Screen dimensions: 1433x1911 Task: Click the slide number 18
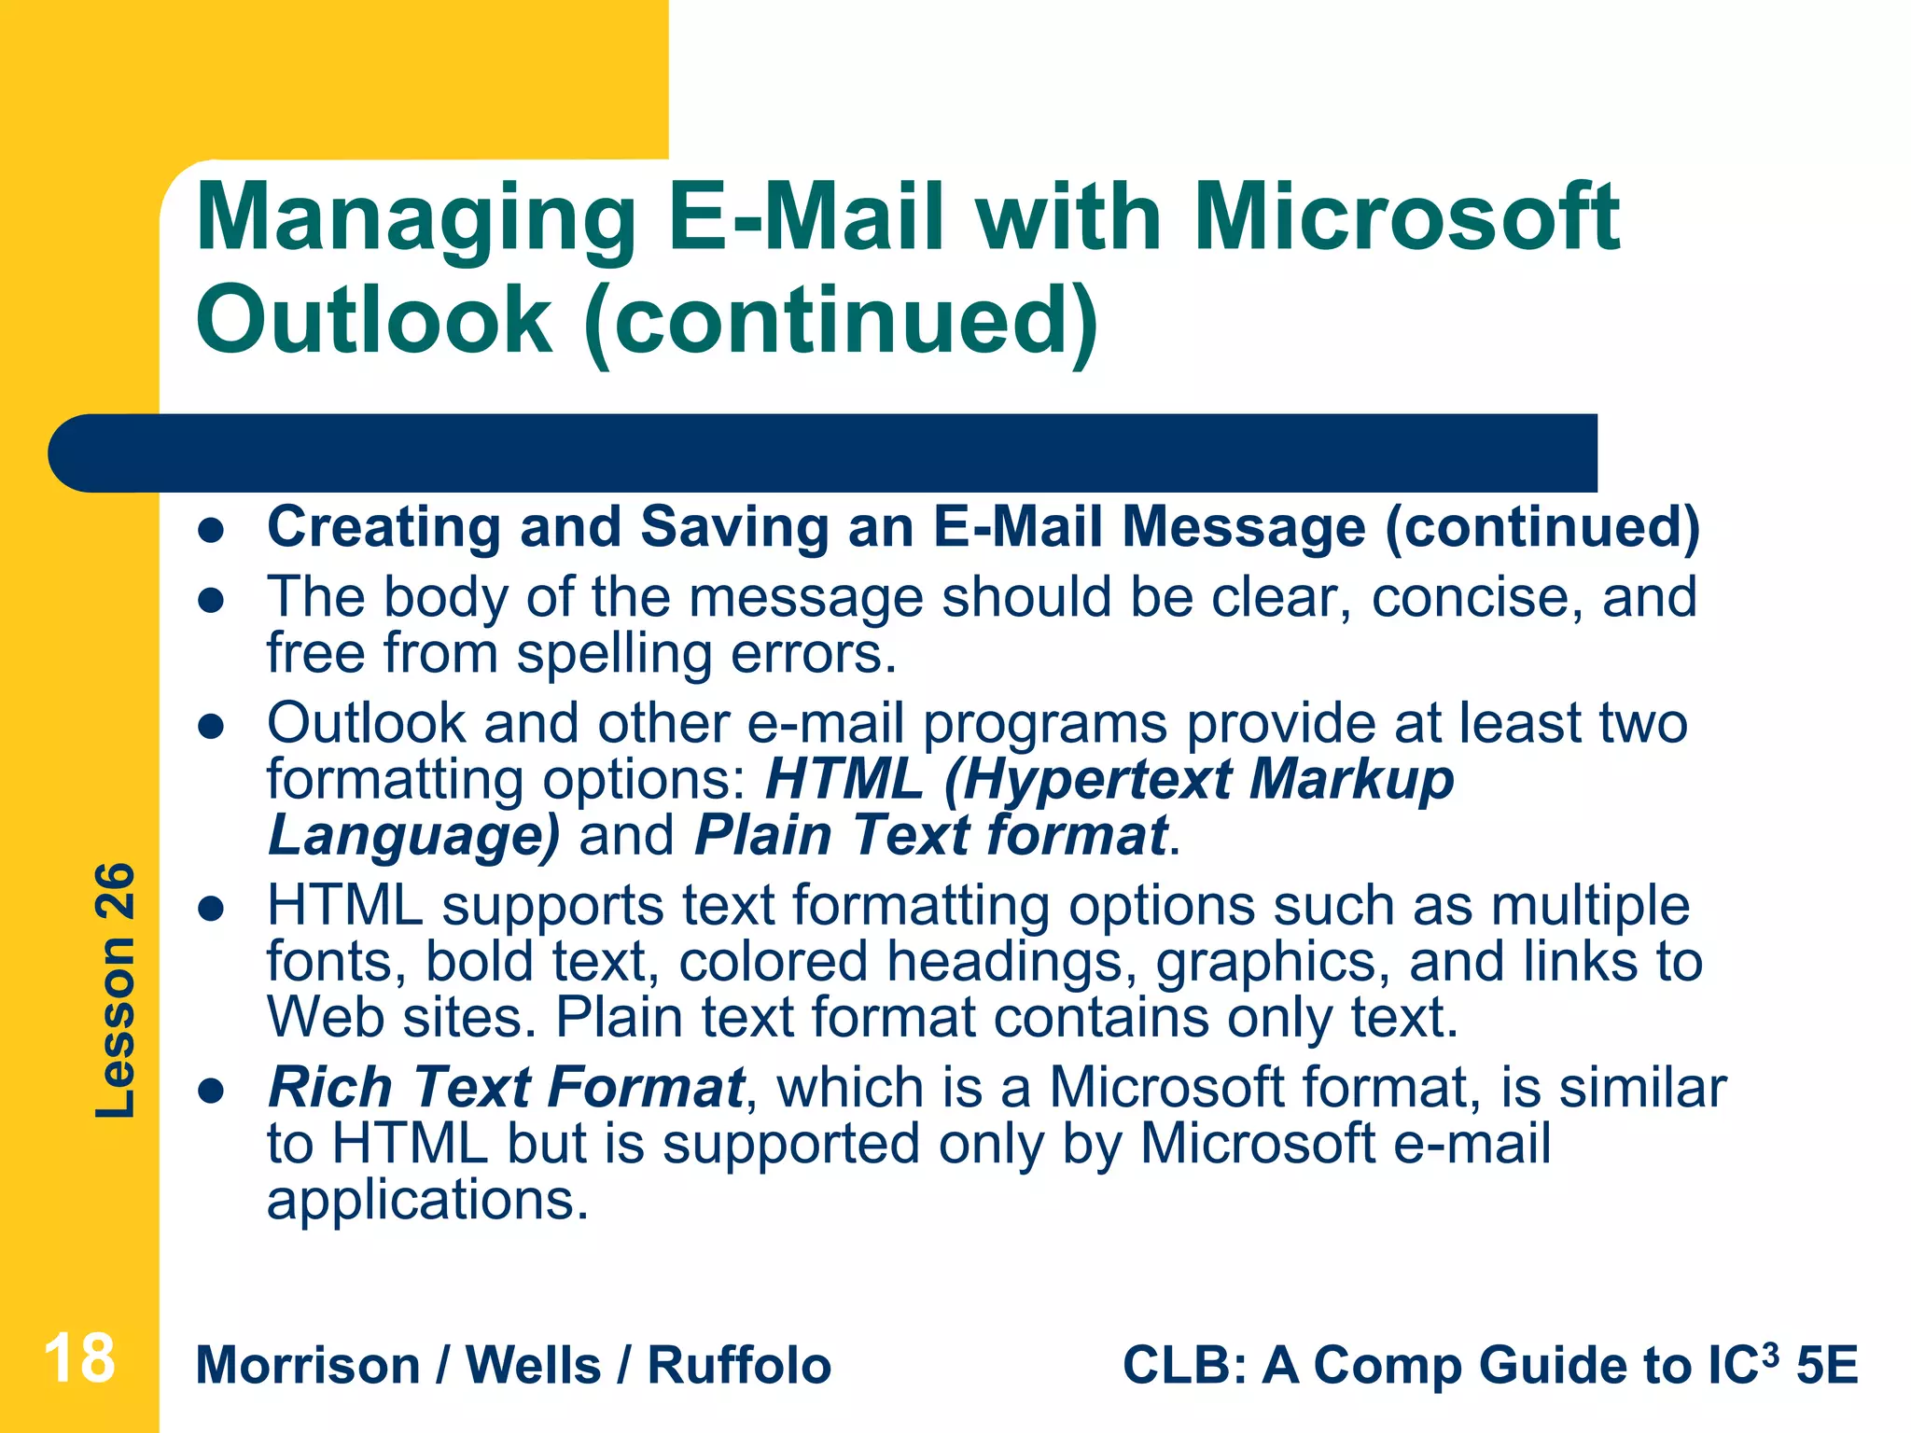[79, 1358]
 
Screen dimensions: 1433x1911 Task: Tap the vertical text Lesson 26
[116, 991]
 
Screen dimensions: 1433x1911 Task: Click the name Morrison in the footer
[308, 1366]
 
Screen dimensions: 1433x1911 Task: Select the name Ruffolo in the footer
[739, 1366]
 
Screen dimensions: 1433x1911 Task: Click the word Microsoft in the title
[1407, 218]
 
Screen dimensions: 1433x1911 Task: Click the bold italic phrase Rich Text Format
[506, 1087]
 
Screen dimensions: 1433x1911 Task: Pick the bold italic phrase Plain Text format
[930, 835]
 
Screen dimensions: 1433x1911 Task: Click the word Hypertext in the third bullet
[1096, 780]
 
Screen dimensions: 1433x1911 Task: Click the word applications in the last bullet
[427, 1200]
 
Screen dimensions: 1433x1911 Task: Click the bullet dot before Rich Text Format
[212, 1091]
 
